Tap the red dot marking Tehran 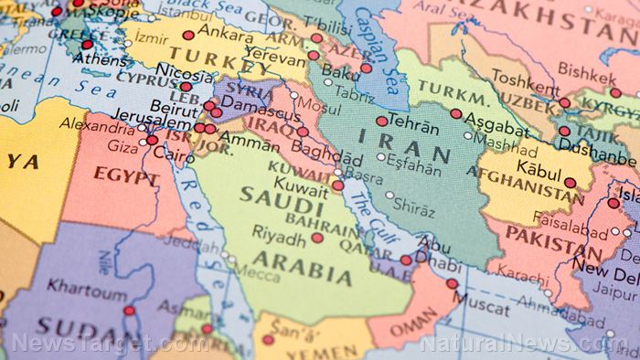click(381, 121)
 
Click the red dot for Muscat click(452, 284)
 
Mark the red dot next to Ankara click(187, 35)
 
